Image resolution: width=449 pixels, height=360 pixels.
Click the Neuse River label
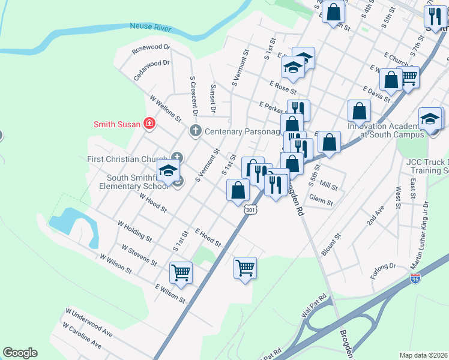coord(151,28)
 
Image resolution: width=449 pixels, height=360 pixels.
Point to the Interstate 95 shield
coord(415,278)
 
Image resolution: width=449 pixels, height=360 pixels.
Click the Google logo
coord(20,353)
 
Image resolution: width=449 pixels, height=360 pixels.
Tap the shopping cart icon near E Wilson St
coord(181,272)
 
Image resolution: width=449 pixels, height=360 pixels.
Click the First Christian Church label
coord(128,159)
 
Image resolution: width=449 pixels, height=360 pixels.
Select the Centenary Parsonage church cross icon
coord(195,131)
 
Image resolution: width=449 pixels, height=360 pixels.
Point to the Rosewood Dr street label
coord(151,47)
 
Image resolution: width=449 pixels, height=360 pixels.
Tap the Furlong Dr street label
coord(384,266)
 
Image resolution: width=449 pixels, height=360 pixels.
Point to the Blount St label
coord(331,245)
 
